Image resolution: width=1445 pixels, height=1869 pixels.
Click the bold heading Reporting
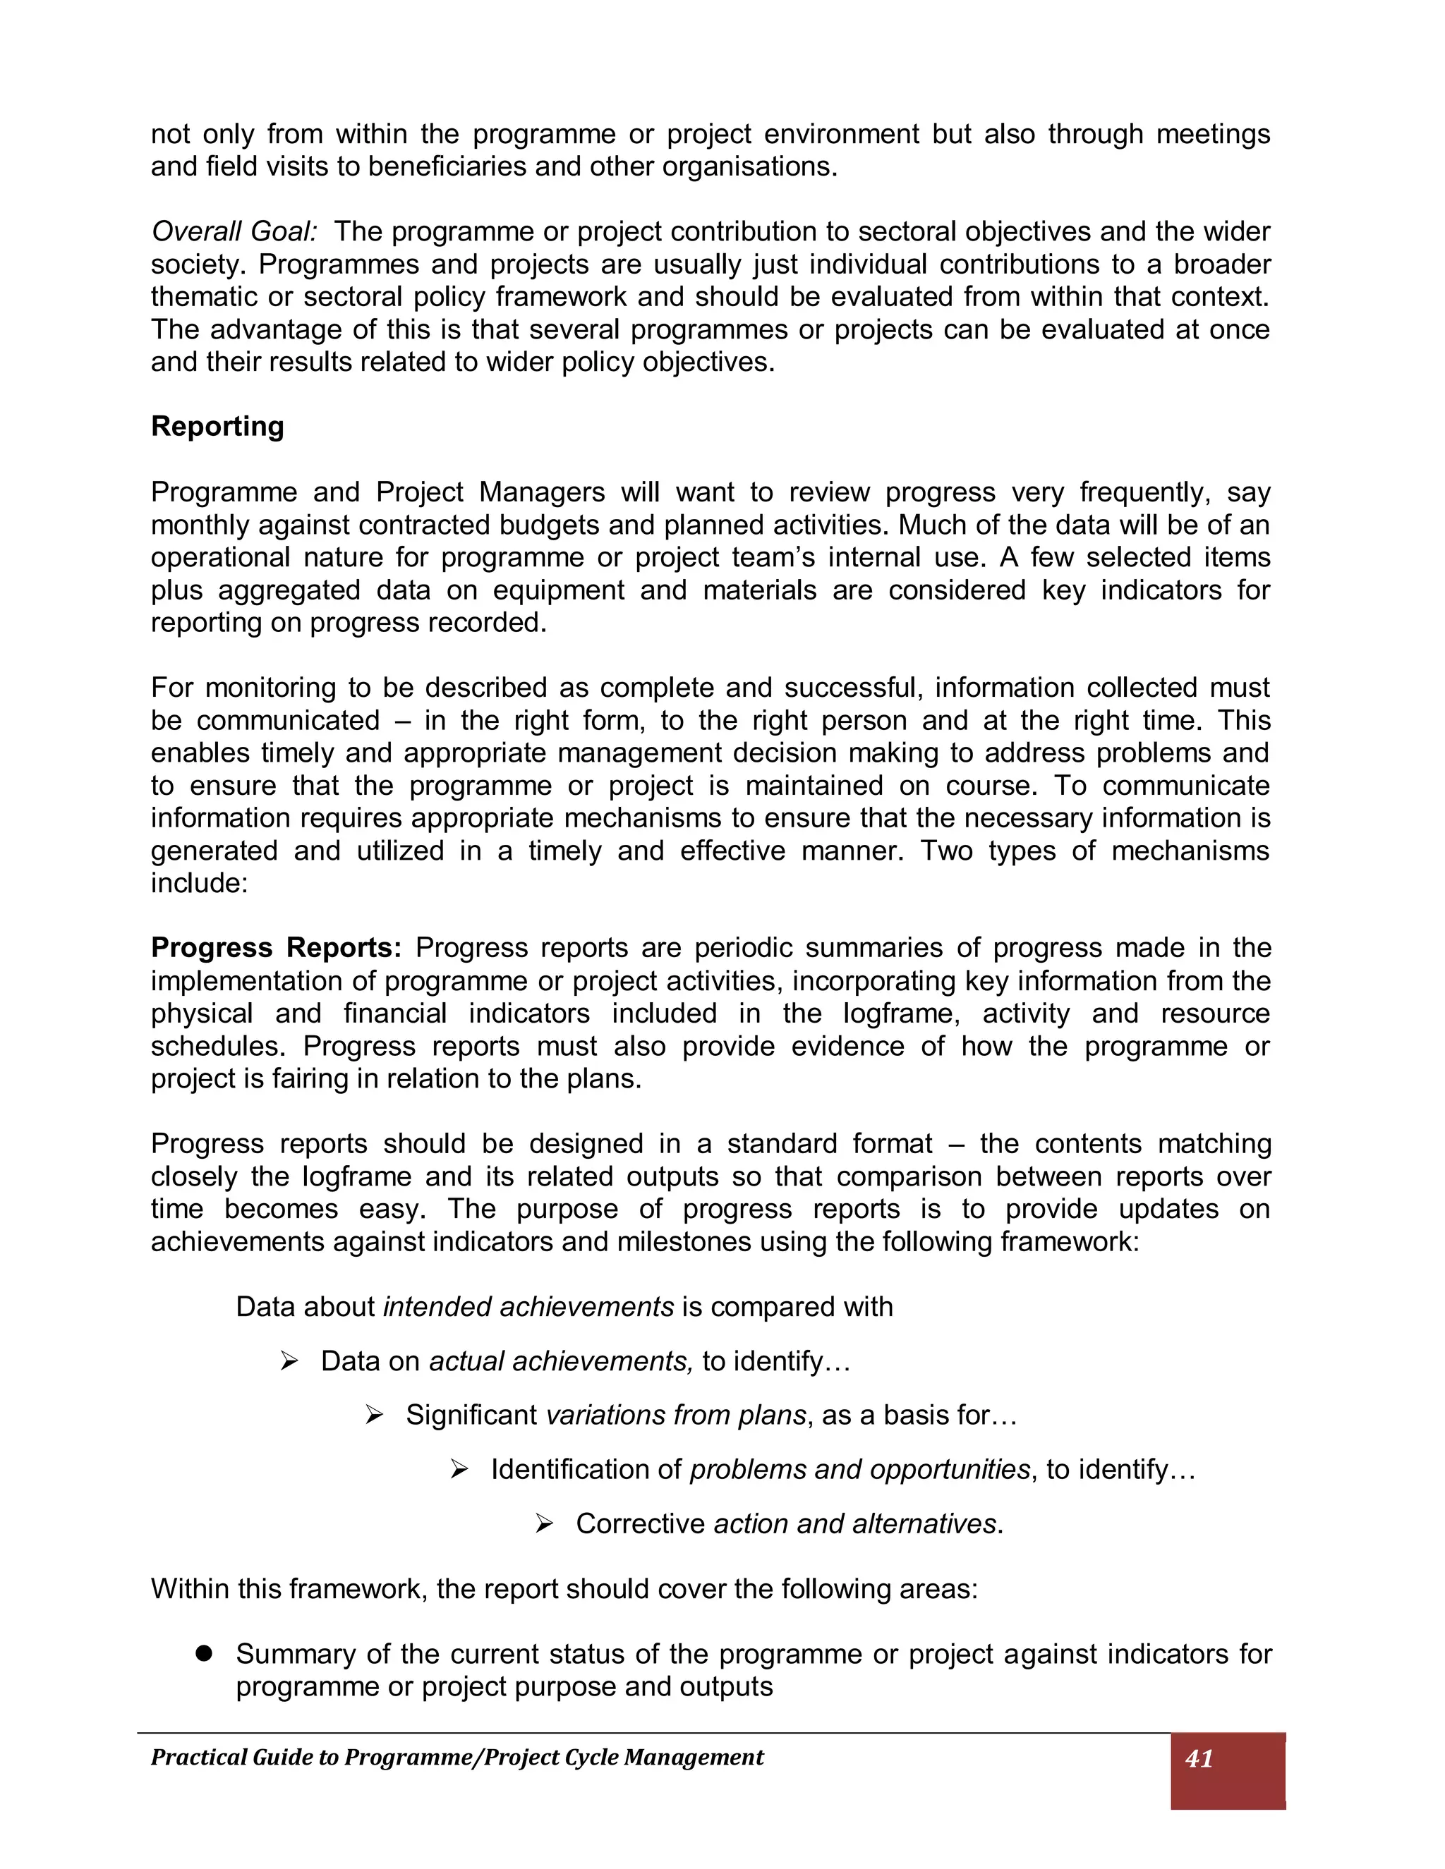pos(217,426)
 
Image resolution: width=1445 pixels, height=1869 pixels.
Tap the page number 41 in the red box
pos(1199,1758)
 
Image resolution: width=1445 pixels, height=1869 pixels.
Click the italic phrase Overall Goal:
pos(234,231)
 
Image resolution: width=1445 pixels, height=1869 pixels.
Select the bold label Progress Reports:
pos(276,947)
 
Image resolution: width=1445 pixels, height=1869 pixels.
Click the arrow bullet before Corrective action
pos(545,1524)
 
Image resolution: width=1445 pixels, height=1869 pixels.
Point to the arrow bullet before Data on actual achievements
pos(289,1361)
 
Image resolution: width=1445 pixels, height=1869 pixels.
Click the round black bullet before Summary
pos(203,1653)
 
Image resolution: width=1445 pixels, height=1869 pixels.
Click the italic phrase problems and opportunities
pos(859,1469)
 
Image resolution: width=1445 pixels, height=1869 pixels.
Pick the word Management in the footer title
pos(694,1758)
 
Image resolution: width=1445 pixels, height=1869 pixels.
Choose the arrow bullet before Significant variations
pos(374,1416)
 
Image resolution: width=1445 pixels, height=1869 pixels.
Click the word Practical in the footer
pos(198,1758)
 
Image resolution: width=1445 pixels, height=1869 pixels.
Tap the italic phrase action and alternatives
pos(854,1524)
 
